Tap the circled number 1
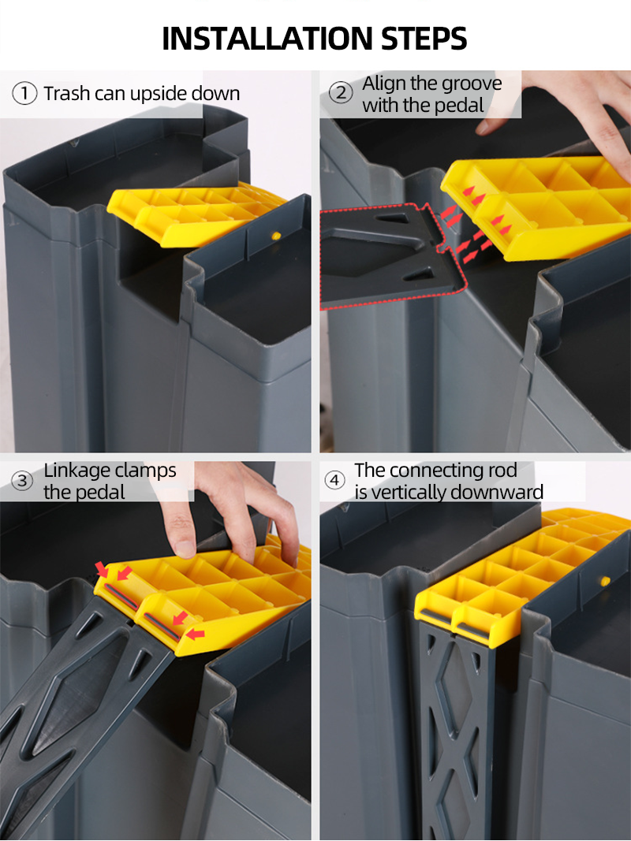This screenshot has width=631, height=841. click(x=24, y=94)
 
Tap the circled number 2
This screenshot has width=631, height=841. click(x=341, y=93)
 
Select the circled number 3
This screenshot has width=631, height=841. click(x=24, y=480)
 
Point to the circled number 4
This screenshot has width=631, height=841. click(x=336, y=480)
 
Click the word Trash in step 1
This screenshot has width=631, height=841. click(x=66, y=94)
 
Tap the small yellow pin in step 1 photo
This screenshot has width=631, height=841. click(x=275, y=235)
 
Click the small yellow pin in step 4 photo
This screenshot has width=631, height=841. click(x=605, y=581)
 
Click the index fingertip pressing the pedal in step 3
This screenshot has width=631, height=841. click(x=185, y=548)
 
